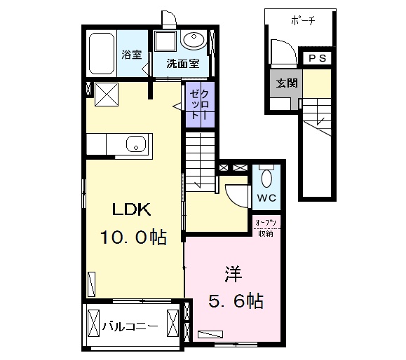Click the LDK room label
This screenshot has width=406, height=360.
coord(132,209)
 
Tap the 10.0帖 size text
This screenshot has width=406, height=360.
coord(133,237)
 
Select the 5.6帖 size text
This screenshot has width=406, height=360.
coord(236,300)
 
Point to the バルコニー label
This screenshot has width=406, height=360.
coord(130,326)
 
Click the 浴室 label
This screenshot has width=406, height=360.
coord(132,55)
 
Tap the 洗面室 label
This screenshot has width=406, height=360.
coord(183,63)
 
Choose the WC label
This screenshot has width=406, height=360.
coord(266,198)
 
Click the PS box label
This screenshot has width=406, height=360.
coord(318,58)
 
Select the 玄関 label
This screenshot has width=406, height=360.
coord(286,83)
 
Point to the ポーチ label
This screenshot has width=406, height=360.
coord(303,20)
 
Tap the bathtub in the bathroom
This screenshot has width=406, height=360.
coord(102,54)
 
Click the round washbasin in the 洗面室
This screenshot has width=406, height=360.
coord(194,40)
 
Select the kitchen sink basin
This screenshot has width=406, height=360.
coord(136,144)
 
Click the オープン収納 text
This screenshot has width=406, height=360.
coord(266,228)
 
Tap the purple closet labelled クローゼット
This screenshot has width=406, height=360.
coord(200,104)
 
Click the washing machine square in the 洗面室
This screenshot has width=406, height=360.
coord(165,41)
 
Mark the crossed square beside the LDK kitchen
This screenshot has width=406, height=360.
coord(107,95)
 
